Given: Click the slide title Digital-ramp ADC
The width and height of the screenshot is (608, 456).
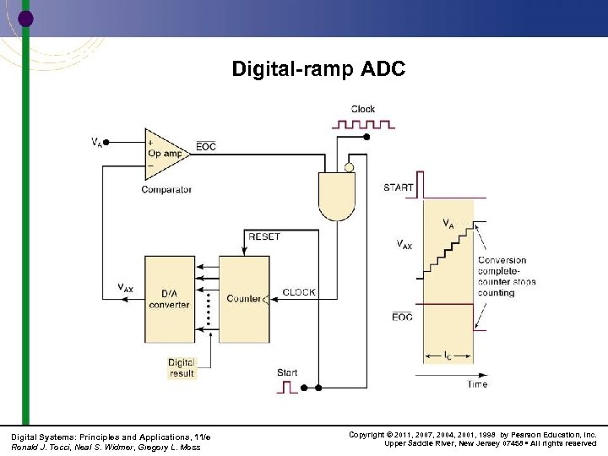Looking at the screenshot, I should click(318, 68).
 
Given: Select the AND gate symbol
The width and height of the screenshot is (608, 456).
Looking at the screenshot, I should click(336, 195).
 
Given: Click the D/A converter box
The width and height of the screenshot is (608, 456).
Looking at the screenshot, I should click(169, 298).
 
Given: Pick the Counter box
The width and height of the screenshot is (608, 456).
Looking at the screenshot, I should click(243, 298).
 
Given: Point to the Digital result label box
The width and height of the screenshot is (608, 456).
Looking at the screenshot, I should click(182, 367).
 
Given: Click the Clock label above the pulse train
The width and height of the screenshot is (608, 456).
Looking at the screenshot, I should click(363, 109).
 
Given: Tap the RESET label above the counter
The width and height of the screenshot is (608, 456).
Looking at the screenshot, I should click(264, 237).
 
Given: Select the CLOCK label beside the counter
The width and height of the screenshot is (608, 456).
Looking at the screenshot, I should click(299, 292).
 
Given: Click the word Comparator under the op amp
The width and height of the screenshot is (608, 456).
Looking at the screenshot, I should click(166, 190).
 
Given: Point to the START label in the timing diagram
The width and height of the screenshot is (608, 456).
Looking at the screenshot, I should click(399, 187).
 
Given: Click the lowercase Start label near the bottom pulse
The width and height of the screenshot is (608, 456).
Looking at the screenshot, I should click(287, 372).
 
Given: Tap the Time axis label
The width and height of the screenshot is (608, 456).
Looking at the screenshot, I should click(477, 384).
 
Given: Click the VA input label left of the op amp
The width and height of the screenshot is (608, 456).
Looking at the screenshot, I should click(98, 142).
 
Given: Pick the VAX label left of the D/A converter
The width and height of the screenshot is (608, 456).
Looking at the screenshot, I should click(124, 288).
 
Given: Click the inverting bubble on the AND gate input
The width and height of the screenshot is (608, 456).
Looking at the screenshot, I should click(349, 167).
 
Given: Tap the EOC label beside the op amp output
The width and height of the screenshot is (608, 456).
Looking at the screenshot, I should click(206, 147).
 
